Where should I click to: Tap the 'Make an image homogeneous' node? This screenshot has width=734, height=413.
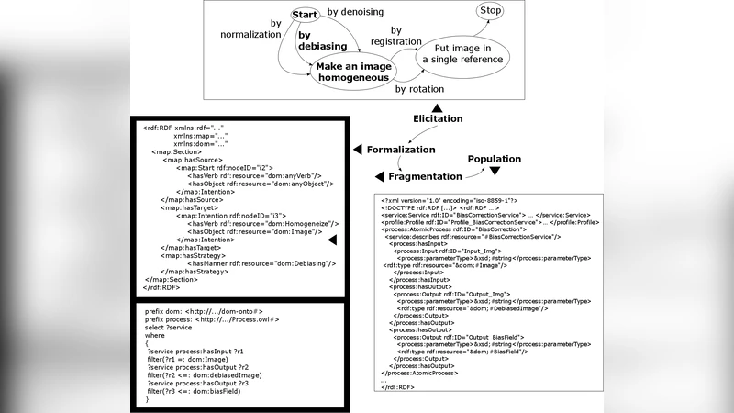pyautogui.click(x=353, y=72)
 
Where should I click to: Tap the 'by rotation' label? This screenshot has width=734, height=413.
pyautogui.click(x=419, y=90)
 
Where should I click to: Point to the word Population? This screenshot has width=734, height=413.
pyautogui.click(x=494, y=159)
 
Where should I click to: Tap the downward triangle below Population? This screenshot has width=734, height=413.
pyautogui.click(x=494, y=171)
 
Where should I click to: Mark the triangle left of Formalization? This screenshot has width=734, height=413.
pyautogui.click(x=356, y=149)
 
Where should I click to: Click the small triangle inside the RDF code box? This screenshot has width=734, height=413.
pyautogui.click(x=332, y=240)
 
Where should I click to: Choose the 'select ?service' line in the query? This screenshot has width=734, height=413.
pyautogui.click(x=168, y=328)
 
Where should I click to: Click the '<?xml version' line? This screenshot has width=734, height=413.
pyautogui.click(x=450, y=200)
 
